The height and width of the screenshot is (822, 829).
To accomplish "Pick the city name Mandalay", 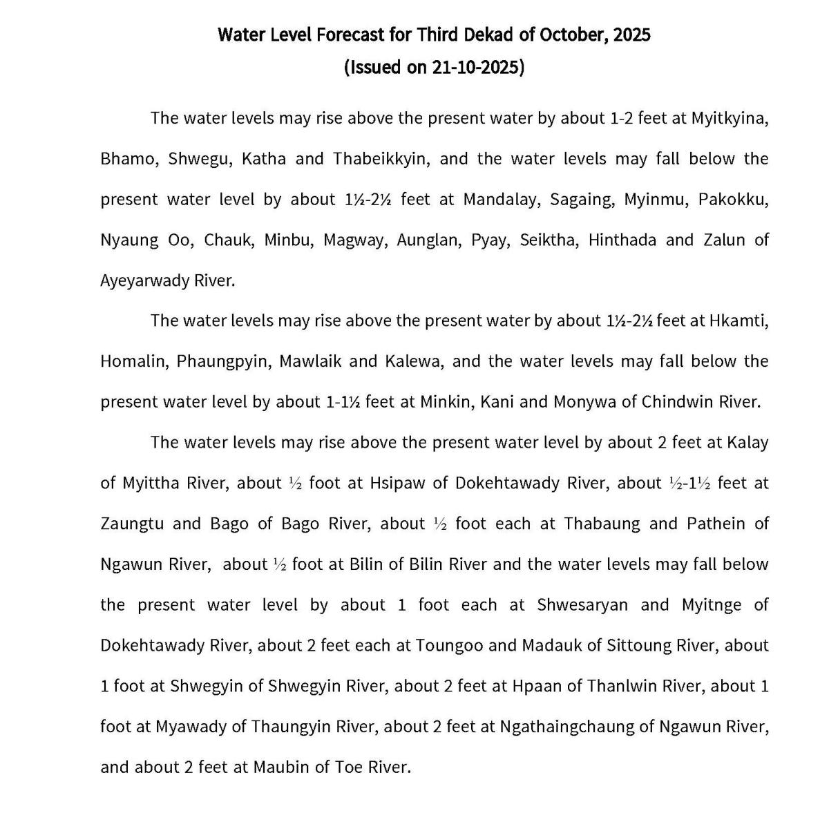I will [x=502, y=200].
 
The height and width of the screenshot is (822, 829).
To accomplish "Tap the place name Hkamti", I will [x=739, y=321].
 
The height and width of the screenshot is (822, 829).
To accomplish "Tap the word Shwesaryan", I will [x=582, y=606].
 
